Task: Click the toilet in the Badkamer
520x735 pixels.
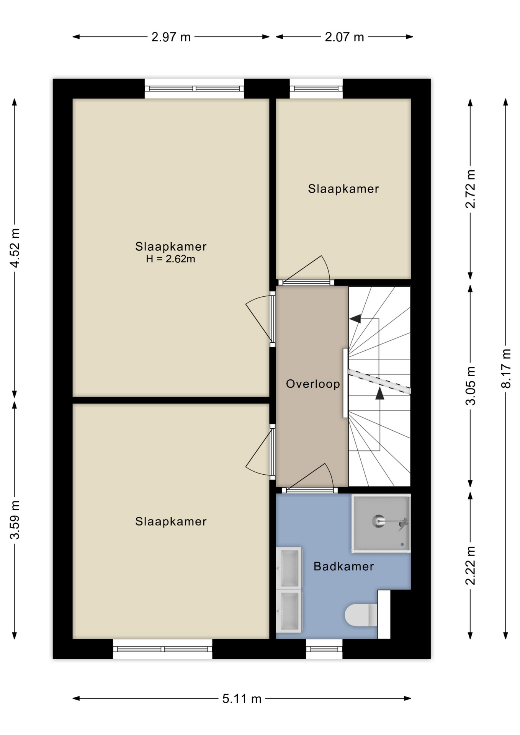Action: coord(361,615)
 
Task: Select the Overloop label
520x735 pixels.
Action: coord(313,384)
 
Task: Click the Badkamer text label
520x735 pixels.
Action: coord(343,567)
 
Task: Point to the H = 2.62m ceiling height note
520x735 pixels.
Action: coord(170,259)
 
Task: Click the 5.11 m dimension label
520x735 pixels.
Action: coord(242,699)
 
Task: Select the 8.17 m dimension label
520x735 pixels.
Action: coord(506,369)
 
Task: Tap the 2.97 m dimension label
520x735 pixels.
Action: coord(171,37)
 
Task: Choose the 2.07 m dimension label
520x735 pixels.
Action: coord(344,37)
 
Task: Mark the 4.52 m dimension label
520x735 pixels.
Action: coord(15,248)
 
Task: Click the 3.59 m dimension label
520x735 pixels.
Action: coord(15,520)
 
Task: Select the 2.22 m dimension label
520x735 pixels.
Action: coord(471,566)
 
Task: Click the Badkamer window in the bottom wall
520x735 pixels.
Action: coord(324,649)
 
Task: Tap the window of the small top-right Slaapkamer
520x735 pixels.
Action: coord(316,89)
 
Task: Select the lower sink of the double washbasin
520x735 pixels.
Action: coord(289,611)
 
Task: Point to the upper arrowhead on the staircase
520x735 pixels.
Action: coord(355,318)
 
